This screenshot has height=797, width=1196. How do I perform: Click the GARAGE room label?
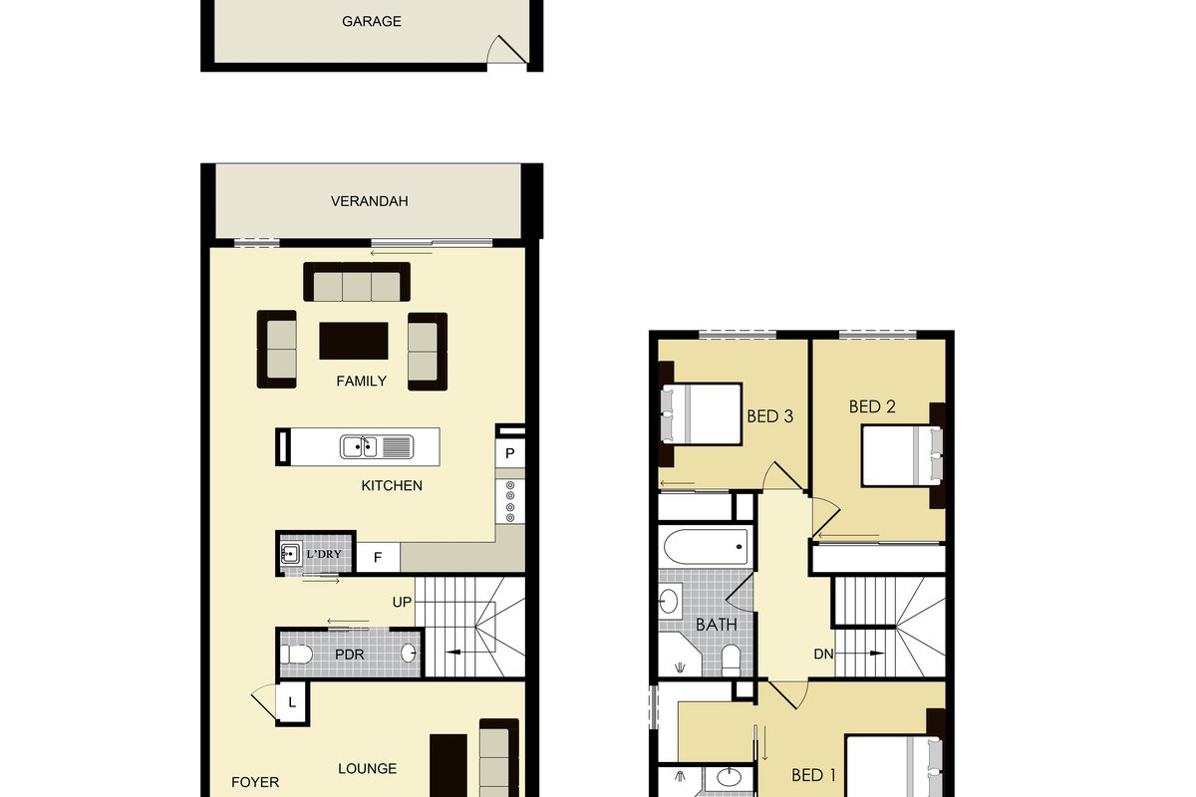pyautogui.click(x=372, y=21)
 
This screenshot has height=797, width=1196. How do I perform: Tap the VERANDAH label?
pyautogui.click(x=370, y=201)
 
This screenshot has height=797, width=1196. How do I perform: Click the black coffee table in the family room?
pyautogui.click(x=354, y=341)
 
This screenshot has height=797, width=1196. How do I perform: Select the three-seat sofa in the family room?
pyautogui.click(x=357, y=282)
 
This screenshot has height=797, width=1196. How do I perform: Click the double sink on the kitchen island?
pyautogui.click(x=358, y=447)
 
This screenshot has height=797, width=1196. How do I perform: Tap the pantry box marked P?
pyautogui.click(x=510, y=453)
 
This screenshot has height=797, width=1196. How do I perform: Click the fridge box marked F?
pyautogui.click(x=378, y=557)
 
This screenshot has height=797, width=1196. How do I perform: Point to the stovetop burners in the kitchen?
pyautogui.click(x=510, y=501)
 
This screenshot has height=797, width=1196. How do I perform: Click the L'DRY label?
pyautogui.click(x=324, y=554)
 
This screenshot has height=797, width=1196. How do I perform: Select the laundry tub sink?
pyautogui.click(x=290, y=554)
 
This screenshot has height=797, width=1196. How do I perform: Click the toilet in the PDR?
pyautogui.click(x=296, y=654)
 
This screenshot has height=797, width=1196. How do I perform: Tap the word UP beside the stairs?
pyautogui.click(x=402, y=602)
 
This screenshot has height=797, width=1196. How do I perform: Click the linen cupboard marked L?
pyautogui.click(x=292, y=702)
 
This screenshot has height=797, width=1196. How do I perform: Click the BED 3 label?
pyautogui.click(x=769, y=416)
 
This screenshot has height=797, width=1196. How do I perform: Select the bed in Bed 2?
pyautogui.click(x=902, y=455)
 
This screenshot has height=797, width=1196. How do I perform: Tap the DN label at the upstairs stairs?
pyautogui.click(x=823, y=654)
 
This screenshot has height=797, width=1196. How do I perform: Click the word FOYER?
pyautogui.click(x=255, y=782)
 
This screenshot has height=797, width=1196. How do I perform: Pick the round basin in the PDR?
pyautogui.click(x=409, y=653)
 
